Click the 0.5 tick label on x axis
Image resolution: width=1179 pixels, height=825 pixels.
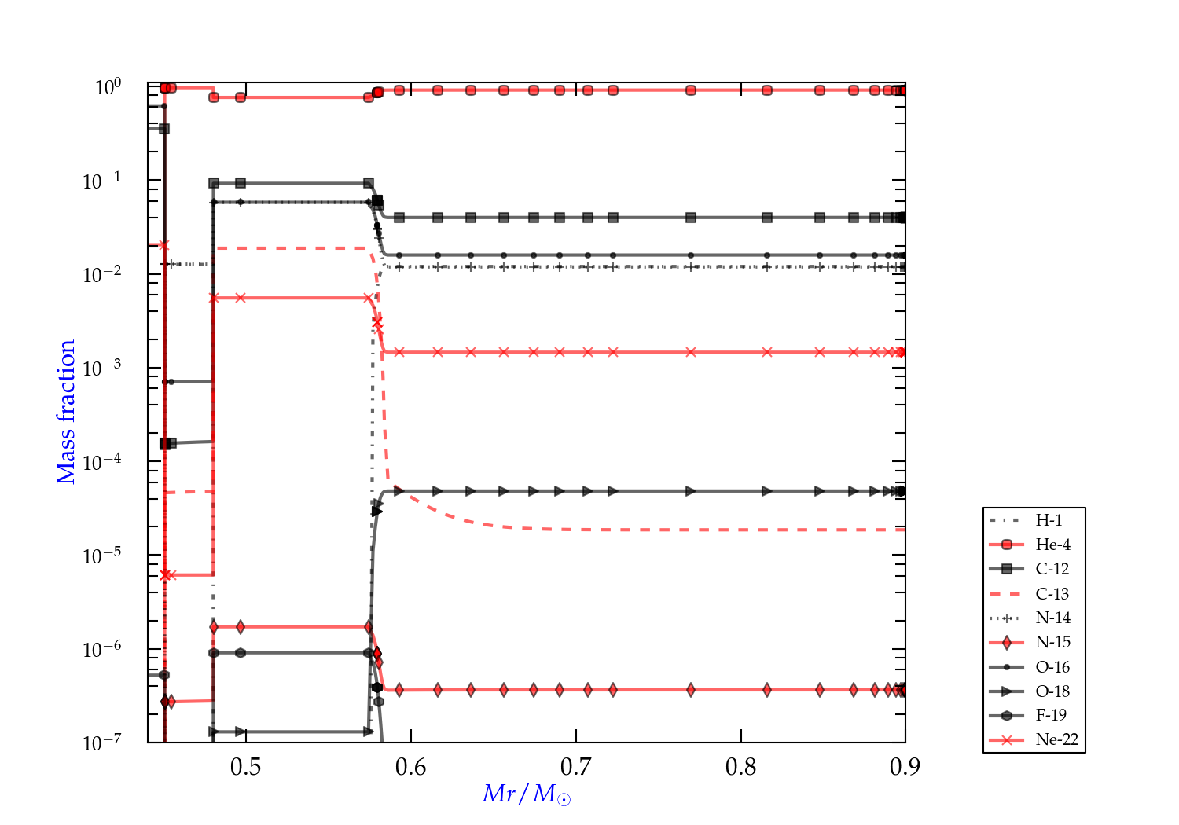pos(246,767)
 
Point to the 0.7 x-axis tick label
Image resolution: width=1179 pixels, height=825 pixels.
pos(576,767)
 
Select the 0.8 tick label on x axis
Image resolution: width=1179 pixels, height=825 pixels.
pos(741,767)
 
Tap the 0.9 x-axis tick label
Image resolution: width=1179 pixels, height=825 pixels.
pos(905,767)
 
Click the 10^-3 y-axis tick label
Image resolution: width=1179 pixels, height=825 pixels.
pos(101,368)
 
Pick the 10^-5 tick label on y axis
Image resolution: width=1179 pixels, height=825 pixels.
pos(101,555)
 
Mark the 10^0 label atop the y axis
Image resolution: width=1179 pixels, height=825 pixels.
pos(108,86)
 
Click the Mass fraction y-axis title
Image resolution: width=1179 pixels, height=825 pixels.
pos(66,412)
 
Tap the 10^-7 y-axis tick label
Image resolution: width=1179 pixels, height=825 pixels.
pos(101,742)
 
